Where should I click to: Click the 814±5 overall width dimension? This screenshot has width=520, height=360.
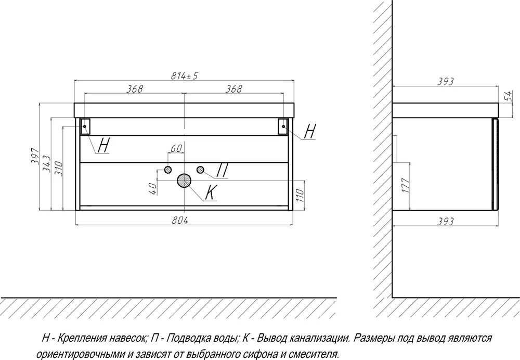(184, 75)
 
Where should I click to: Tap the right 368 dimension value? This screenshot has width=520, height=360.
(234, 89)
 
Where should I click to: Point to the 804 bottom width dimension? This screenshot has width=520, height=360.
(180, 220)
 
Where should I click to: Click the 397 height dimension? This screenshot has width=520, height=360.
(35, 156)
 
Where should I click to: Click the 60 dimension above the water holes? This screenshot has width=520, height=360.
(176, 148)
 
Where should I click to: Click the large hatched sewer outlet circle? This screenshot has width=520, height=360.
(184, 181)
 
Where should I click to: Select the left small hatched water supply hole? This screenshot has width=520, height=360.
(168, 170)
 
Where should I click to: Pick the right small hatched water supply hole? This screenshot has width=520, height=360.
(200, 170)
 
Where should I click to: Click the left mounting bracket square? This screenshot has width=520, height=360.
(85, 126)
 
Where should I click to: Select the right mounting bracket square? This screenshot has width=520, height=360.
(283, 126)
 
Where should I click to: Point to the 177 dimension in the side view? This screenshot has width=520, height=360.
(407, 185)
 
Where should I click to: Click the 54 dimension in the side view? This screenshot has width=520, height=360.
(508, 96)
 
